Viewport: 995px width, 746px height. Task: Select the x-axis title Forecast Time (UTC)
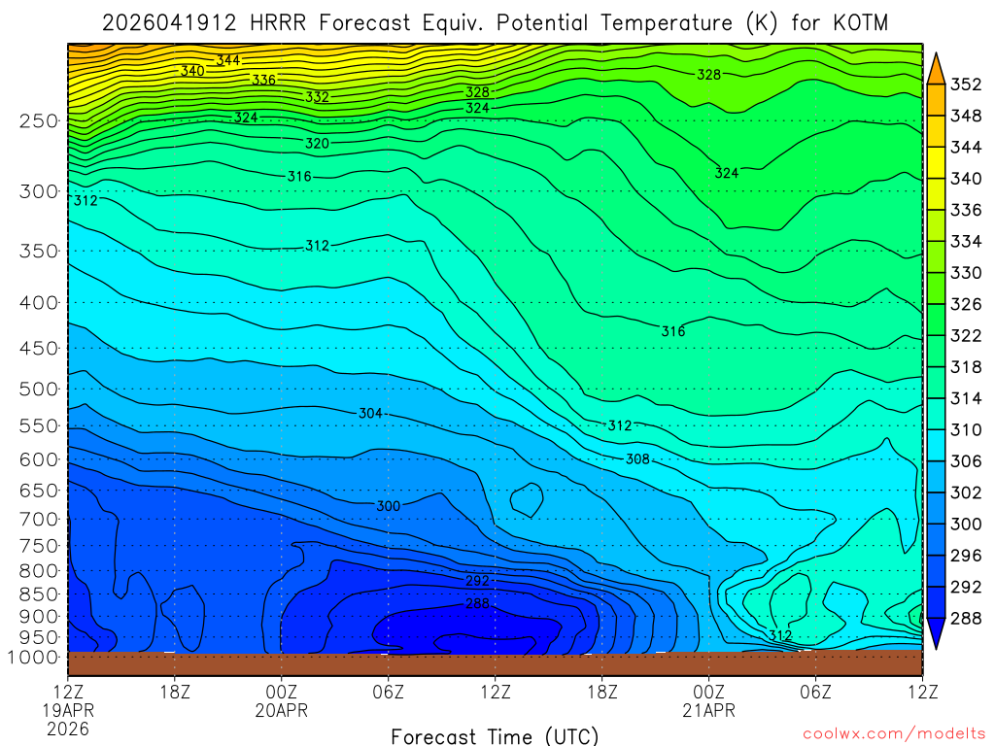click(495, 735)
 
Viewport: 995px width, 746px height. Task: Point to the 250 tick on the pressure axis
click(39, 121)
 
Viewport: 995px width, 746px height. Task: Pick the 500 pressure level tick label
click(39, 389)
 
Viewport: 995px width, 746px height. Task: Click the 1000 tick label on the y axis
click(35, 658)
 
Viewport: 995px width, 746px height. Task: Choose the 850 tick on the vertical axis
click(39, 593)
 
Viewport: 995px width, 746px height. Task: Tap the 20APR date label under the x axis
click(282, 711)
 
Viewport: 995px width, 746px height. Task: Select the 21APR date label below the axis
click(709, 711)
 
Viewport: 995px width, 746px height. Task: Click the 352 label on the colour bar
click(965, 85)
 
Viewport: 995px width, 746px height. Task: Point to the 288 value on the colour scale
click(965, 618)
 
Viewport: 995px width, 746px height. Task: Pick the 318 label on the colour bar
click(965, 367)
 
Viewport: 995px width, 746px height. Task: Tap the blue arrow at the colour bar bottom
click(936, 635)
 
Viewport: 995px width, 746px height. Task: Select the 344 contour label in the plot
click(228, 60)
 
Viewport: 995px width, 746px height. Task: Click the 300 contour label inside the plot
click(389, 506)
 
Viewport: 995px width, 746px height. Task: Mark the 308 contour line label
click(637, 459)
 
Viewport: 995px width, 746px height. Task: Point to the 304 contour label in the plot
click(370, 414)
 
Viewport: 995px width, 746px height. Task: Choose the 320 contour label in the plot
click(318, 144)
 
